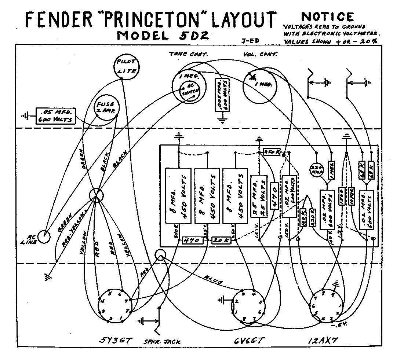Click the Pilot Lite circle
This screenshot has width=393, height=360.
point(125,66)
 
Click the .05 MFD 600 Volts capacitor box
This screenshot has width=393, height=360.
point(55,115)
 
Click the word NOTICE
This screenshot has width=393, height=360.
point(328,17)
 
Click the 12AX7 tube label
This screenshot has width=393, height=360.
point(323,341)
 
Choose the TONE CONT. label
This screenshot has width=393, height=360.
point(188,54)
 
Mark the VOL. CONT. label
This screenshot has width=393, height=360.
point(260,54)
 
